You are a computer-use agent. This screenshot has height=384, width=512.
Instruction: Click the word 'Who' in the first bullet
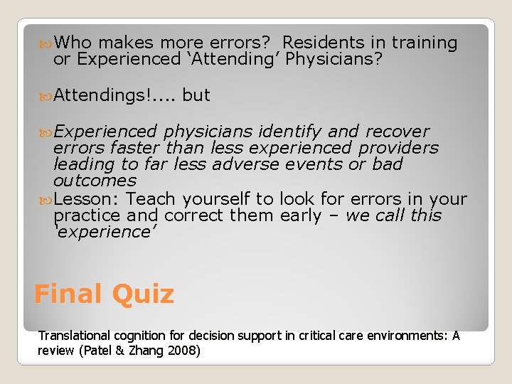(75, 43)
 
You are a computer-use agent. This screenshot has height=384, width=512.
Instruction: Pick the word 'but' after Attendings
(196, 95)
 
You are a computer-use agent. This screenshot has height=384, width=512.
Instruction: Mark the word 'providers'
(398, 148)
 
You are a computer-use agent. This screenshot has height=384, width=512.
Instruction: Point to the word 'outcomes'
(95, 181)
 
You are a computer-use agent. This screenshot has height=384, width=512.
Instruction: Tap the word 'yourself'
(216, 199)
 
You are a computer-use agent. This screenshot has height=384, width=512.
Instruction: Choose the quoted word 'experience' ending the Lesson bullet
(105, 232)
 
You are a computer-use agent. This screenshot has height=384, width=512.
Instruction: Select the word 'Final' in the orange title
(68, 294)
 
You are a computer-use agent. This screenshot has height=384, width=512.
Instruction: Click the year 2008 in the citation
(184, 350)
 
